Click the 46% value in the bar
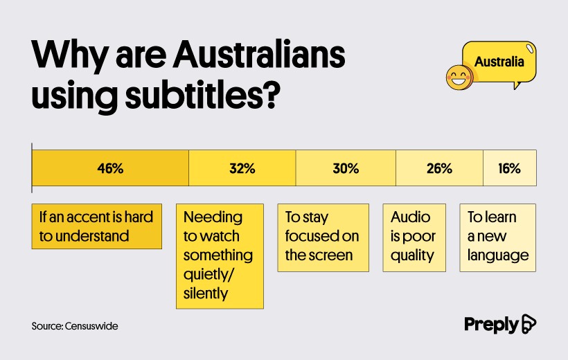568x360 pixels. pos(110,168)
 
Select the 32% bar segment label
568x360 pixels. pos(242,168)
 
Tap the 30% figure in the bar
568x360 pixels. pos(346,168)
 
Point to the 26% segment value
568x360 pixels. pos(439,168)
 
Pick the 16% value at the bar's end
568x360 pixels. pos(509,168)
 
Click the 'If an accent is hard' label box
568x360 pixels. pos(97,226)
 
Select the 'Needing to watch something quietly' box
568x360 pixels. pos(220,256)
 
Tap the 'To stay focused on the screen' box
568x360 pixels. pos(323,237)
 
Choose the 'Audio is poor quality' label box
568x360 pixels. pos(414,237)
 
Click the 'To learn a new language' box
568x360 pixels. pos(498,237)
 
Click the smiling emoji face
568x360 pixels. pos(459,78)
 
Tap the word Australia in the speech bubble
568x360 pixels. pos(499,62)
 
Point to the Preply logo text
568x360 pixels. pos(491,325)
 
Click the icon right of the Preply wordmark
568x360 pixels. pos(529,324)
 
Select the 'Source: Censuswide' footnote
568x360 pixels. pos(75,326)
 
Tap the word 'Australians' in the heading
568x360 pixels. pos(258,55)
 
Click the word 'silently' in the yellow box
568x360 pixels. pos(206,294)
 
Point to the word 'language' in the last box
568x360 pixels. pos(498,255)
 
